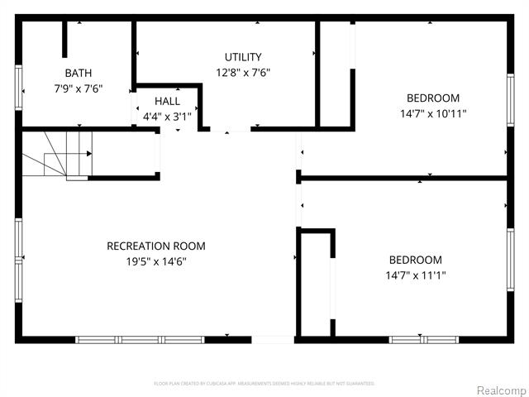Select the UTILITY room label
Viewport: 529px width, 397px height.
243,57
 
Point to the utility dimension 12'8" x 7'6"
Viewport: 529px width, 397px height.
243,72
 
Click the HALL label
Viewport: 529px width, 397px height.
167,101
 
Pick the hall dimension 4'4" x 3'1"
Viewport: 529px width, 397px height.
167,117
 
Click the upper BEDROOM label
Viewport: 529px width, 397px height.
433,98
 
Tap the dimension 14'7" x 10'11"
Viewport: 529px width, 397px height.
433,113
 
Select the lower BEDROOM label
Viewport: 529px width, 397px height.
415,260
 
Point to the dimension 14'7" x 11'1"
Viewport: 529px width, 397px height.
415,275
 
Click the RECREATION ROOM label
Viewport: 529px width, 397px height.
156,246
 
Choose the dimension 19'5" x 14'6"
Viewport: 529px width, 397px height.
156,261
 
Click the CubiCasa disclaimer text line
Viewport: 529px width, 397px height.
264,384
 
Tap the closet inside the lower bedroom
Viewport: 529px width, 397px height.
315,284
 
